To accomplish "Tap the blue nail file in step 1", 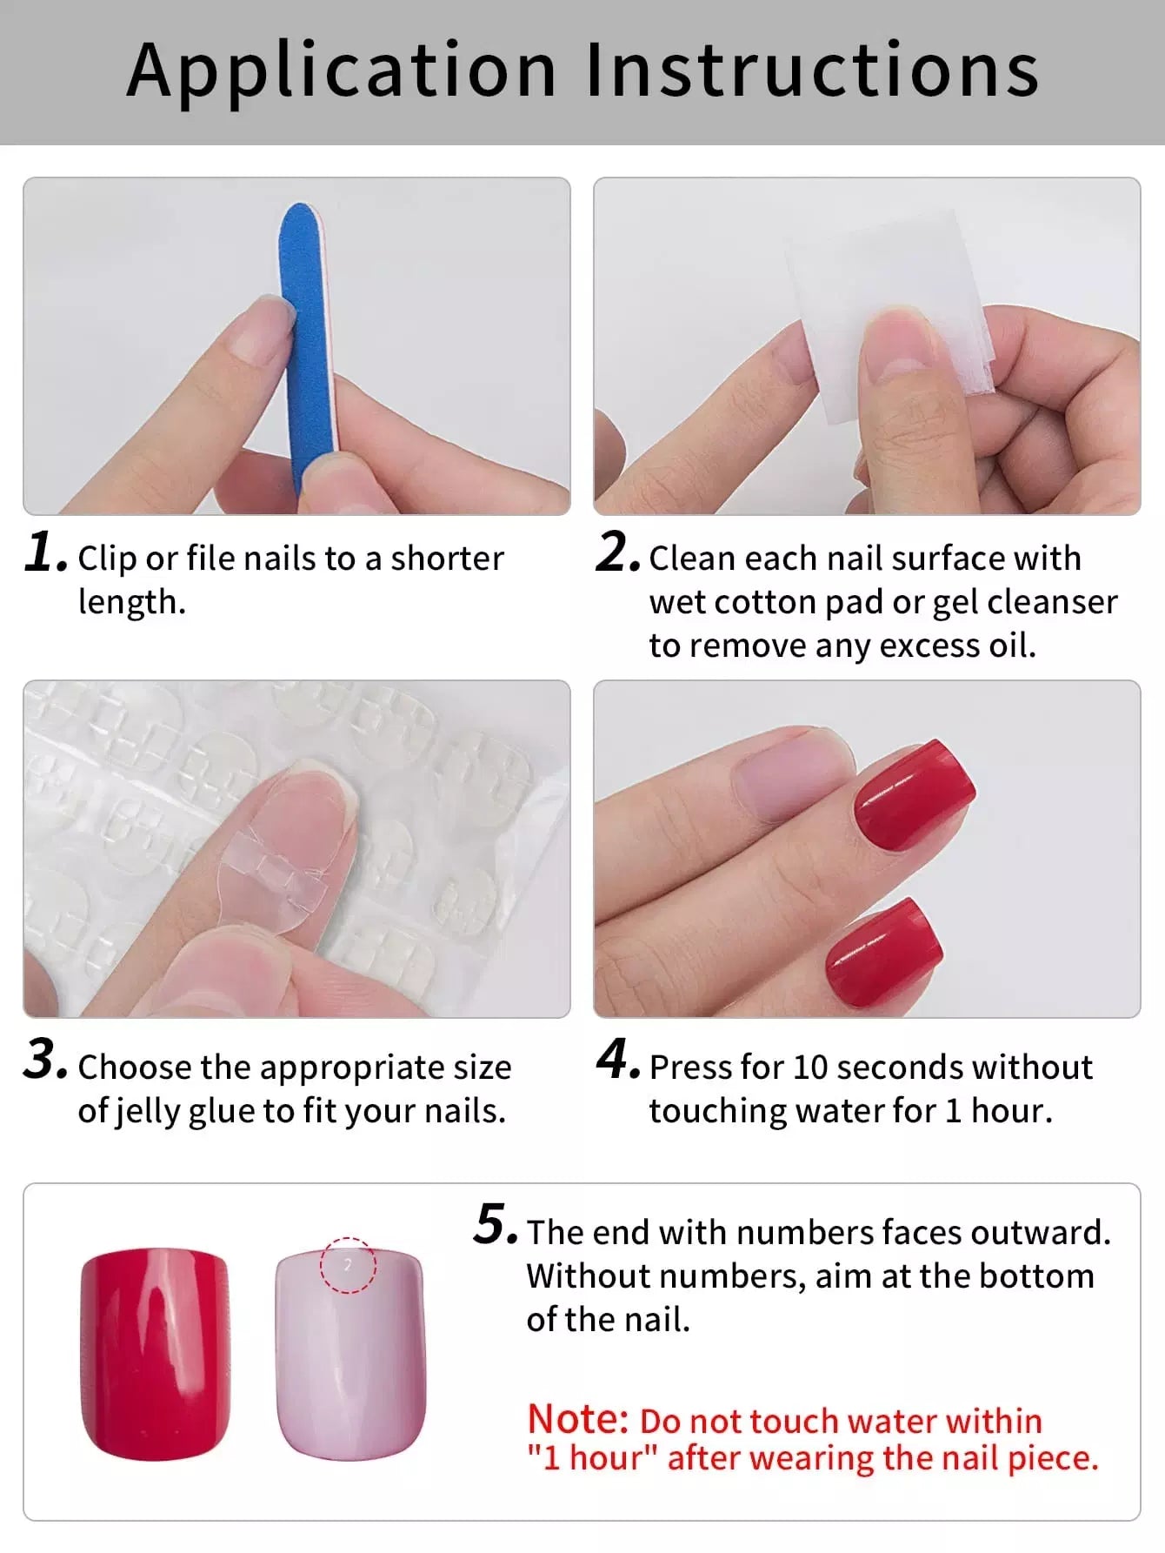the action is (x=303, y=348).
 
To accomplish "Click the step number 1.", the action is (x=46, y=552).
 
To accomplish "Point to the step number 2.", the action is (x=618, y=552).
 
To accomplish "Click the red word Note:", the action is (x=578, y=1419).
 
